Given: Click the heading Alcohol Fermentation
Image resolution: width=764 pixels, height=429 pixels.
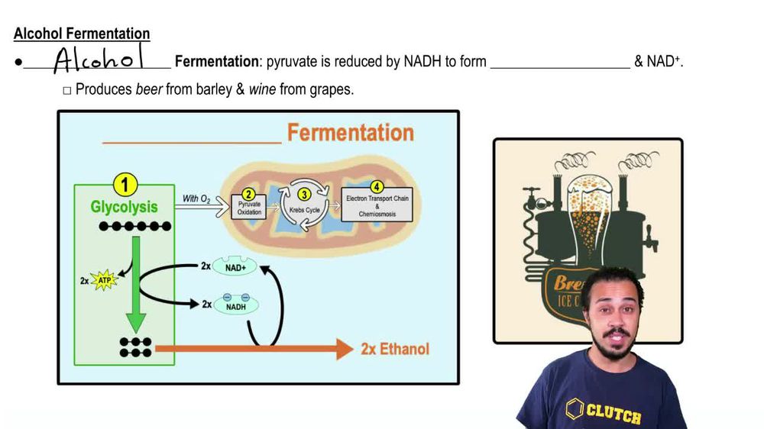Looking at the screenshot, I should (x=82, y=34).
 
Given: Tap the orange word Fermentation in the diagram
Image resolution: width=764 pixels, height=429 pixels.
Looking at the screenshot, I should (x=350, y=132).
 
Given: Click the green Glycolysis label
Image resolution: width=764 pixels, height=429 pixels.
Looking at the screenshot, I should (x=125, y=207).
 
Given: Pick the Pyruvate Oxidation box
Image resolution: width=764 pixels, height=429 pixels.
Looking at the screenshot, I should (x=248, y=207).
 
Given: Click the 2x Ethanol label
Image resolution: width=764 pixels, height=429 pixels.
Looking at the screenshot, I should (x=395, y=349).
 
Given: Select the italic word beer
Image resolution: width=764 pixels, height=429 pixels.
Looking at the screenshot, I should (x=149, y=89).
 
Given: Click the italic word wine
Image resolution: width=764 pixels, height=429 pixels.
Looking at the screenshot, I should (x=262, y=89).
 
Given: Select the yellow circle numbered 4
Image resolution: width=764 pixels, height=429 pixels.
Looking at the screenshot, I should (x=376, y=186).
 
